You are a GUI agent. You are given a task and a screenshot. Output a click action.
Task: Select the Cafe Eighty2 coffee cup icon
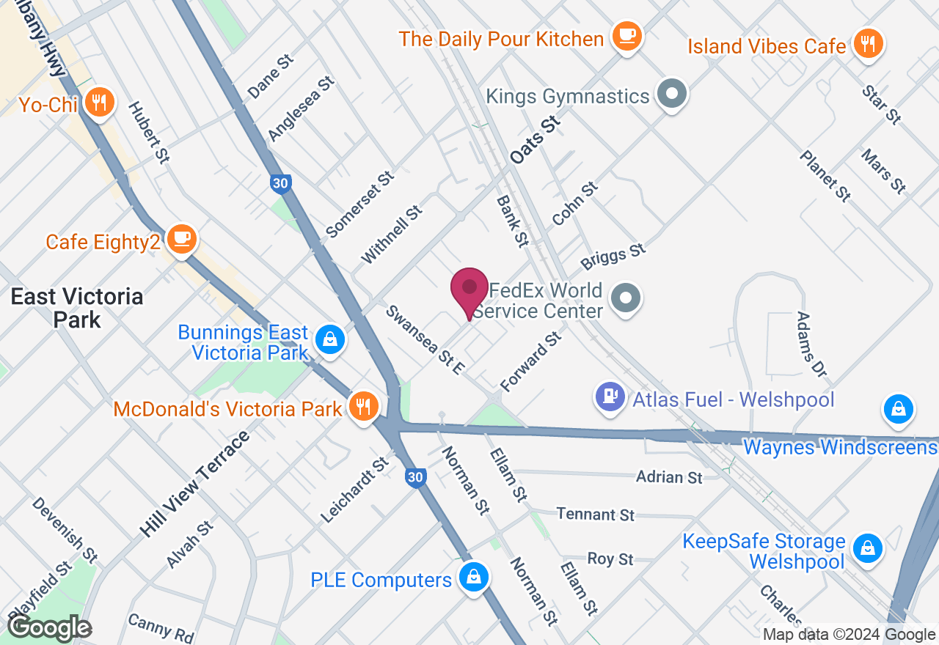[x=181, y=239]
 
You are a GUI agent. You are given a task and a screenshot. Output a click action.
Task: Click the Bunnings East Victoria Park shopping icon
[x=330, y=339]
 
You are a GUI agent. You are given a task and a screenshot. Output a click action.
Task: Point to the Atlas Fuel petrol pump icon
[x=610, y=397]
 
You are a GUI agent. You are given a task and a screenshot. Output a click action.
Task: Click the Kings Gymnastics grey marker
[x=671, y=95]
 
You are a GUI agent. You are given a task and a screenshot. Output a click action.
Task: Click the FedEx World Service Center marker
[x=626, y=298]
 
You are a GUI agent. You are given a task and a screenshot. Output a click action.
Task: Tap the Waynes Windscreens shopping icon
[x=898, y=408]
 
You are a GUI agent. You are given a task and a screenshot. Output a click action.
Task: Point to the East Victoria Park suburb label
[x=77, y=308]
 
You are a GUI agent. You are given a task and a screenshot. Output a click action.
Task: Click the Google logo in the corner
[x=49, y=628]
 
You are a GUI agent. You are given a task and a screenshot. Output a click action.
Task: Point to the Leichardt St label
[x=355, y=490]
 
